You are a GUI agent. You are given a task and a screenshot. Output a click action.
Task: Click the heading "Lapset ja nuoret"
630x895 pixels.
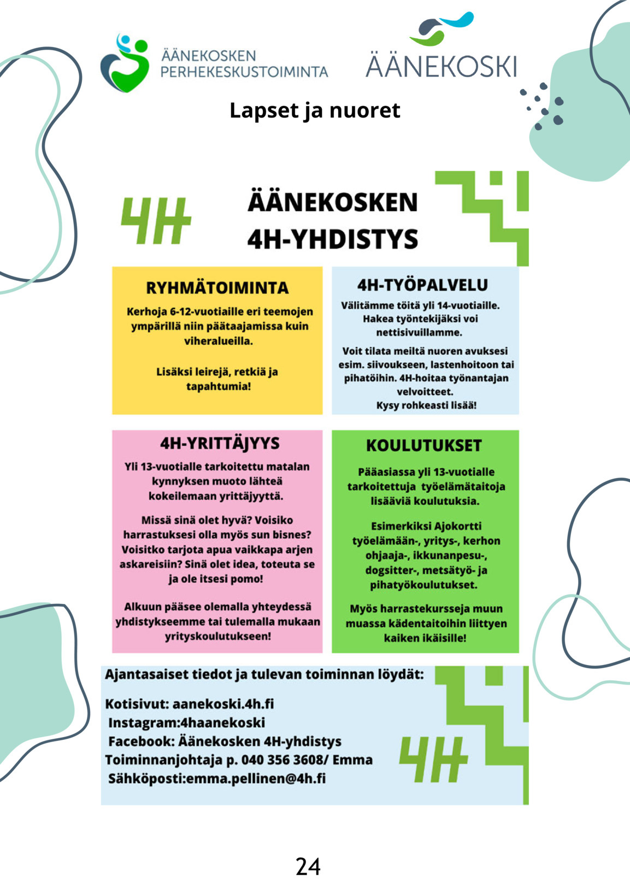[315, 111]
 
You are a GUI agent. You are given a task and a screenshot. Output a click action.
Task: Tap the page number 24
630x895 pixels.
[308, 867]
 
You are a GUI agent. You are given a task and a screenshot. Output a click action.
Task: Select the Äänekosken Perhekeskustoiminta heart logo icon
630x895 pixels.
[125, 63]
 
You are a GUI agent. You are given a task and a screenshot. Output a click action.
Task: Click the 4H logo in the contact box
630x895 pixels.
[433, 759]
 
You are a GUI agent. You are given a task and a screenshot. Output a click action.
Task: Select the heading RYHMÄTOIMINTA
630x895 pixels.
[217, 288]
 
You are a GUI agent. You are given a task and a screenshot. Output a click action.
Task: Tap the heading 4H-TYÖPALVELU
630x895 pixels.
[422, 285]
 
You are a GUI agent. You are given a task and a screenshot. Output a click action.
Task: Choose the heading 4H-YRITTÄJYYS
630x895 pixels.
[220, 443]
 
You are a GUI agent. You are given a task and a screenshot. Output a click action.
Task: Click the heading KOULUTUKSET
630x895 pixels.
[424, 445]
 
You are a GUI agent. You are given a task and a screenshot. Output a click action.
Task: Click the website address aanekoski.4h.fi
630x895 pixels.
[223, 704]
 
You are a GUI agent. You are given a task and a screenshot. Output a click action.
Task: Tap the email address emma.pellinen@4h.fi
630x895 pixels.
[256, 778]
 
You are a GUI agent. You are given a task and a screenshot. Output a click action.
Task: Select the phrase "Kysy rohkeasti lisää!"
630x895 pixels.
[426, 405]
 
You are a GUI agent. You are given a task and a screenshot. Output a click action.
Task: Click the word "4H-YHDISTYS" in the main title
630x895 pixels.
[333, 239]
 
